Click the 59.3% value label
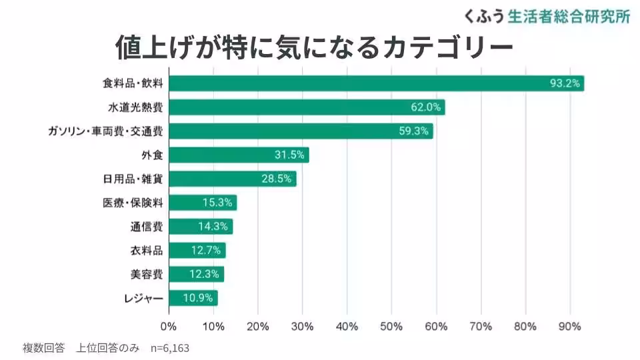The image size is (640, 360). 413,131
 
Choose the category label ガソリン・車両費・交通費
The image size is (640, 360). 105,131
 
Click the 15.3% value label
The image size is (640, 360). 217,203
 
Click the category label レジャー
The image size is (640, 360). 143,298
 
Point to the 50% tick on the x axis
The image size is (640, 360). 392,327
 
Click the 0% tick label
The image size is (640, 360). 169,327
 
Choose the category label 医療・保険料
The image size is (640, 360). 138,203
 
